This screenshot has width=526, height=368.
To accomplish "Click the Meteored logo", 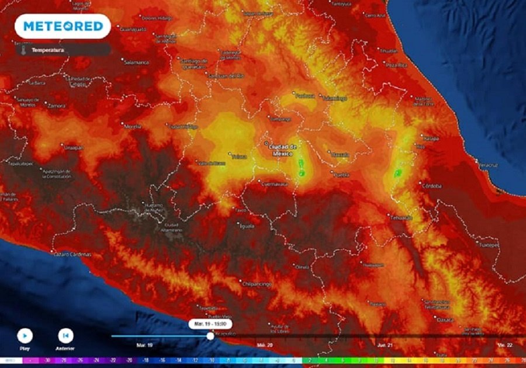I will pyautogui.click(x=63, y=26).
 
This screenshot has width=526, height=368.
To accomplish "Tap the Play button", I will pyautogui.click(x=25, y=336).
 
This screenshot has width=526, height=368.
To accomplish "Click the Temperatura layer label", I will pyautogui.click(x=48, y=50).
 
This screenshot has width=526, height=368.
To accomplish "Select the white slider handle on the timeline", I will pyautogui.click(x=210, y=336).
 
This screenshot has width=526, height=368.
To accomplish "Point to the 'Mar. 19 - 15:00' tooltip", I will pyautogui.click(x=210, y=324).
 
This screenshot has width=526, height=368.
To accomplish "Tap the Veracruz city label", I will pyautogui.click(x=488, y=166).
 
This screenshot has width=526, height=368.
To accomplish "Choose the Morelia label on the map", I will pyautogui.click(x=133, y=126).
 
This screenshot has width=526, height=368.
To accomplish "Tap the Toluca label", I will pyautogui.click(x=239, y=157).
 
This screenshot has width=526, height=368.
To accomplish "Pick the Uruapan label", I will pyautogui.click(x=74, y=148).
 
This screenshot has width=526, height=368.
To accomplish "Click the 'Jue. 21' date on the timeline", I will pyautogui.click(x=384, y=345).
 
